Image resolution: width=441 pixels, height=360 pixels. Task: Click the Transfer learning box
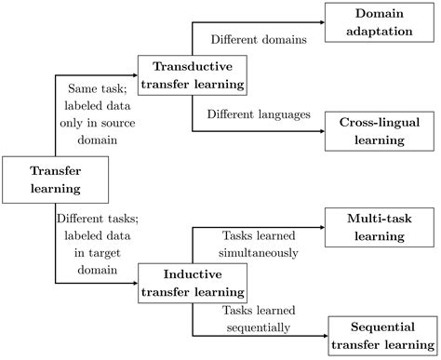55,180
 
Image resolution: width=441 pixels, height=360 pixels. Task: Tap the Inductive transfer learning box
192,283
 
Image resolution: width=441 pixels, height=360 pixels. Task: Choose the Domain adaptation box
381,23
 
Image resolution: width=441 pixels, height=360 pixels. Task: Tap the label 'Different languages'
259,116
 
